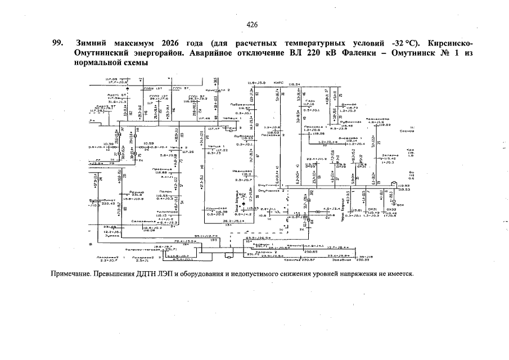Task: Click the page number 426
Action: click(x=252, y=25)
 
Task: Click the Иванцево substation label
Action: click(x=243, y=171)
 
